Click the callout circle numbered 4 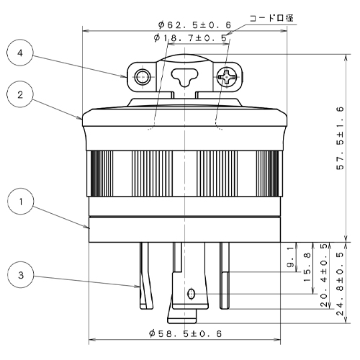click(x=20, y=53)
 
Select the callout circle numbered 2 click(x=20, y=95)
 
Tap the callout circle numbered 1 click(x=20, y=202)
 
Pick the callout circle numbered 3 click(x=20, y=275)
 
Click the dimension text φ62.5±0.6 click(x=194, y=24)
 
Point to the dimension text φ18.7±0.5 click(x=190, y=38)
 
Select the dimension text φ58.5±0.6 click(x=185, y=333)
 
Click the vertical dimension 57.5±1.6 click(x=340, y=138)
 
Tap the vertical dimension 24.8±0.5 click(x=340, y=283)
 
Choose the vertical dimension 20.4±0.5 click(x=324, y=275)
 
